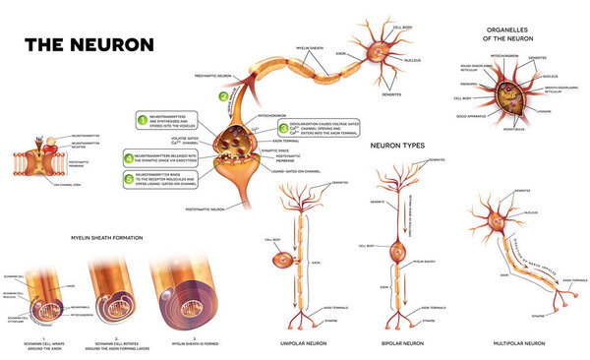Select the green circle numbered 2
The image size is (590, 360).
[x=223, y=95]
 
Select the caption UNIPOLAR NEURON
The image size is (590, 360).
[x=304, y=343]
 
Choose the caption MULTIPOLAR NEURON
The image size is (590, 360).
[x=520, y=343]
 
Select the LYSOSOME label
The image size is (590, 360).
[x=545, y=112]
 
